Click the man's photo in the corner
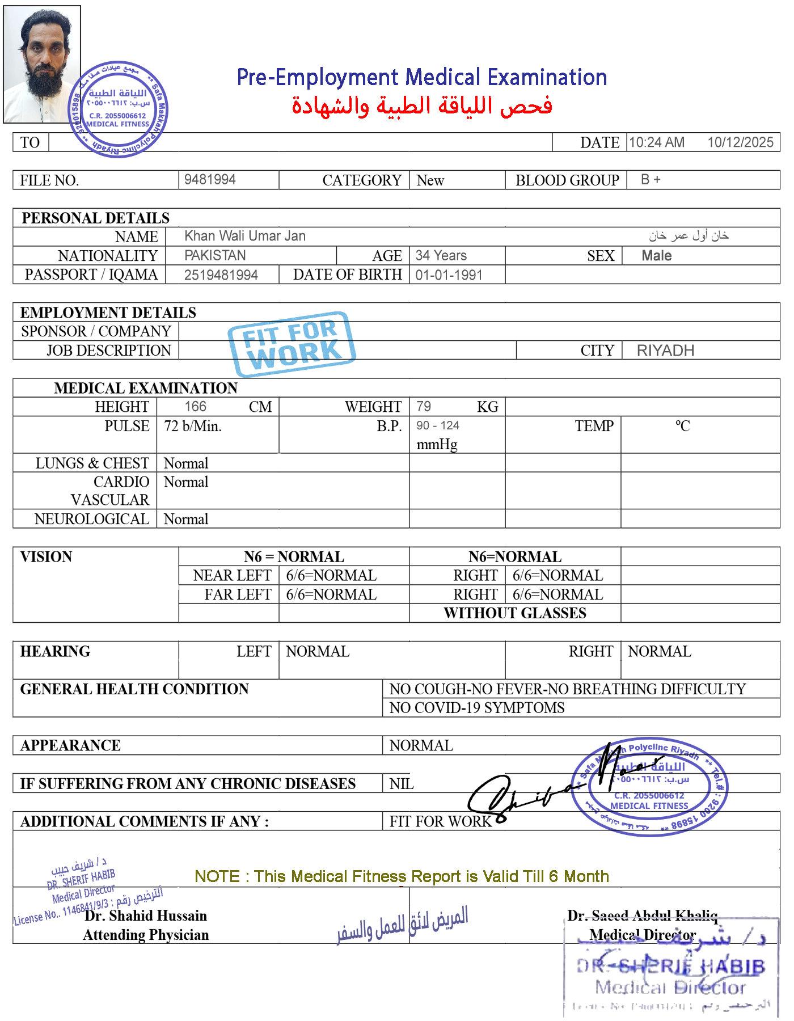[x=42, y=64]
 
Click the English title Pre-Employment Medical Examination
[x=422, y=77]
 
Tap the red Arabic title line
[x=422, y=106]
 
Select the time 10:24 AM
[x=656, y=142]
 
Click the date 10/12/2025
[x=740, y=142]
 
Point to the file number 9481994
[x=210, y=179]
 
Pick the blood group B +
[x=651, y=179]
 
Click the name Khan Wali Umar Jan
[x=245, y=236]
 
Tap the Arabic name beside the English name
[x=689, y=235]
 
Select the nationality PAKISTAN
[x=216, y=255]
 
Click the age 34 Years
[x=441, y=255]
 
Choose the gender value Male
[x=656, y=256]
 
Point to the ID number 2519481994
[x=221, y=275]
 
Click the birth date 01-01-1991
[x=449, y=275]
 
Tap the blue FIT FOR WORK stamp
[x=292, y=344]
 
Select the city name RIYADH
[x=665, y=351]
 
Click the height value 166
[x=196, y=406]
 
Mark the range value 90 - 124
[x=438, y=426]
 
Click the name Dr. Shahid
[x=119, y=916]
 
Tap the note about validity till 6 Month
[x=402, y=876]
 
